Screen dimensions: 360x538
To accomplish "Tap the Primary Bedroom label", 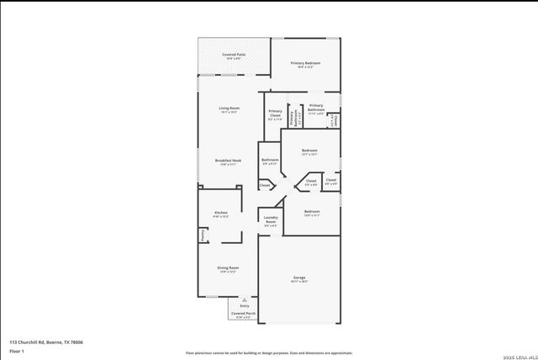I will (305, 63).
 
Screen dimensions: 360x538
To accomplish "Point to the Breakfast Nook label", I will (228, 160).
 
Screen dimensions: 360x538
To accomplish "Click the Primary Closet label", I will (275, 114).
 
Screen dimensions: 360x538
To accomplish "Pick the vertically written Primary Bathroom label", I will (293, 119).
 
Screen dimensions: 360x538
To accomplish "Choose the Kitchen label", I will (221, 213).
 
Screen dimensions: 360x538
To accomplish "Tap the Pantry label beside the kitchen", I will (203, 236).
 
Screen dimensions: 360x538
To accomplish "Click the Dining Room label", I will (228, 267).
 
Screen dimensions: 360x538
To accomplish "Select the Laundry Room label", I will (270, 220).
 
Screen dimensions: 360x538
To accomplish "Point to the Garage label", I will (298, 277).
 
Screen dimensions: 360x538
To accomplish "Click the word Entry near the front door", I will (244, 305).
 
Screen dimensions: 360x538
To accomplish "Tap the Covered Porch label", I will (244, 314).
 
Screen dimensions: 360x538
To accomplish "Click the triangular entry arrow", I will (244, 299).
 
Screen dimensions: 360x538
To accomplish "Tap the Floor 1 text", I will (17, 351).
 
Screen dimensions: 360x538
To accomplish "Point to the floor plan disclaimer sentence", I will (269, 353).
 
